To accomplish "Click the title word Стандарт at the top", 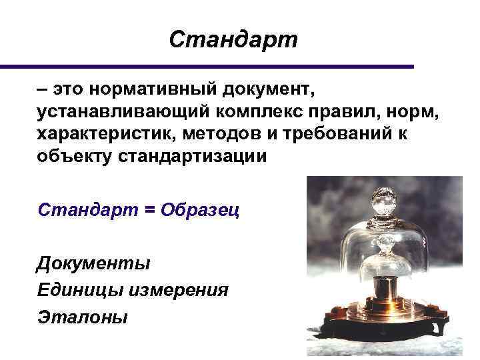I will pos(233,40).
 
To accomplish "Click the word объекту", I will pos(74,157).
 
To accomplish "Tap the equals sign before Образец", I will pos(149,209).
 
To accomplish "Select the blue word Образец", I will pos(200,209).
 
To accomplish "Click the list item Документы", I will pos(93,263).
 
